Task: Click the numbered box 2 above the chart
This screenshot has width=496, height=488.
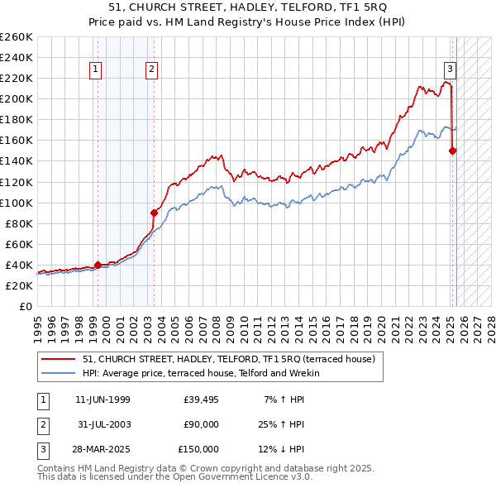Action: tap(153, 70)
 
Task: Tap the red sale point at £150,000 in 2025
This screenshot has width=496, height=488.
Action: tap(452, 151)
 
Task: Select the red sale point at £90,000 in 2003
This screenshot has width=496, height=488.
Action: tap(154, 213)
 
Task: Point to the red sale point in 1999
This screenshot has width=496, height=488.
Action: tap(98, 265)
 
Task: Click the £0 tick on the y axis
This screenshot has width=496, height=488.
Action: tap(25, 306)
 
